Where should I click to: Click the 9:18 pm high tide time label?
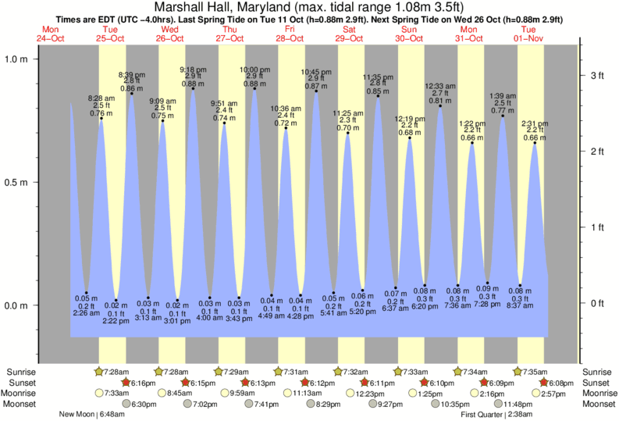tap(193, 69)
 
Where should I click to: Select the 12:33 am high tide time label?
tap(439, 86)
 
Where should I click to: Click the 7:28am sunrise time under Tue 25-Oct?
tap(116, 371)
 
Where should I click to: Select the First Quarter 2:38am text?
tap(496, 414)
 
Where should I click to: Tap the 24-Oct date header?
tap(49, 37)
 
